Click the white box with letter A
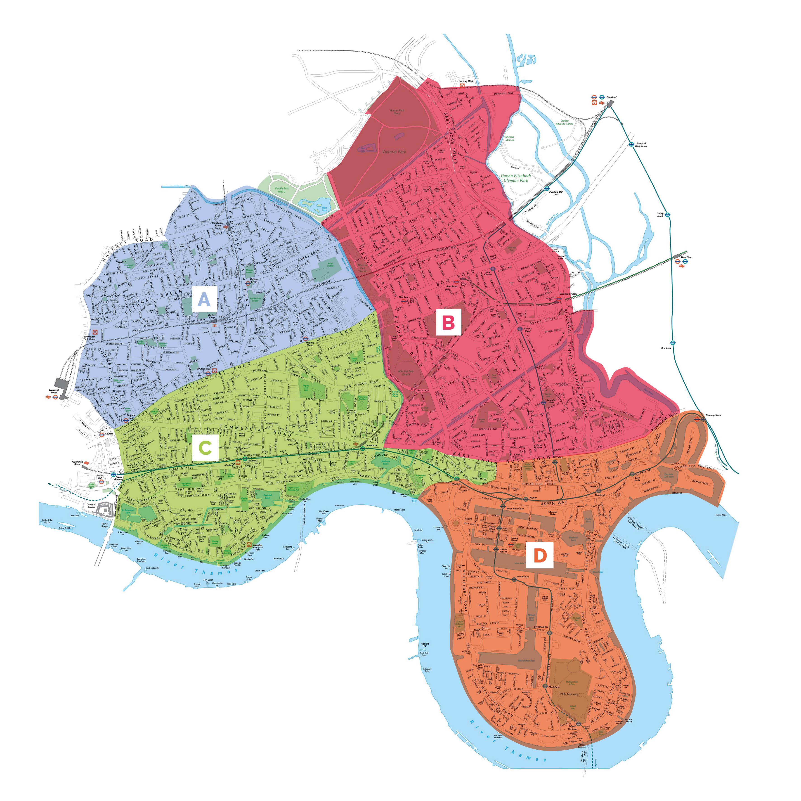tap(204, 299)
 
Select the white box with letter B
tap(449, 323)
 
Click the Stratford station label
tap(612, 97)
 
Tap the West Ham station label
tap(686, 258)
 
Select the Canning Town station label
tap(713, 415)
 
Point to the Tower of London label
tap(91, 506)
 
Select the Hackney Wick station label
tap(465, 81)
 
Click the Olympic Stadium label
tap(510, 139)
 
